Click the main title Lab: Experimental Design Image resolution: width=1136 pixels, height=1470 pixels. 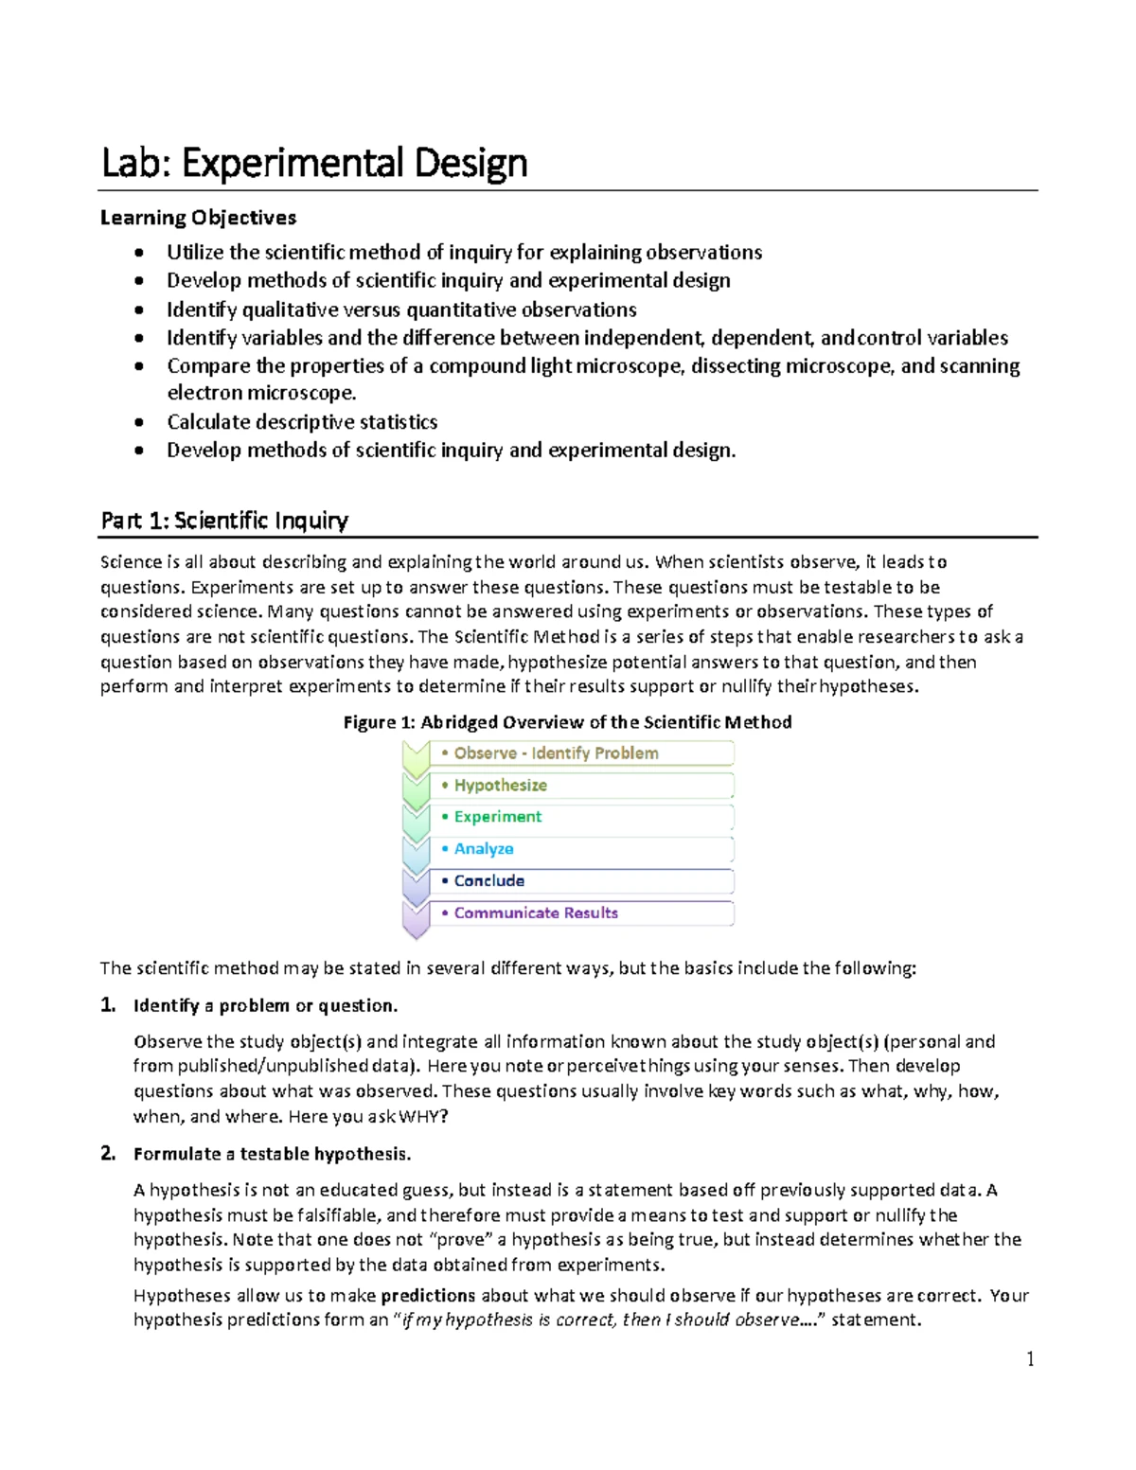tap(314, 163)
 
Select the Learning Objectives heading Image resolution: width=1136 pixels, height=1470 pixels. tap(199, 218)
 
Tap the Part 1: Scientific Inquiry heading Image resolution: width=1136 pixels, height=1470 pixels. tap(224, 520)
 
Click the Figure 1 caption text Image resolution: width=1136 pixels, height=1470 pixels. tap(567, 722)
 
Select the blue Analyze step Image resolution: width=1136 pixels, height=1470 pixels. tap(483, 849)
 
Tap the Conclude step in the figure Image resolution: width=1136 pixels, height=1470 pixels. tap(488, 880)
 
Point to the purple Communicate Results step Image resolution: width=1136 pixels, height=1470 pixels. tap(535, 912)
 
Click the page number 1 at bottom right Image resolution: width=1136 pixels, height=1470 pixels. tap(1030, 1359)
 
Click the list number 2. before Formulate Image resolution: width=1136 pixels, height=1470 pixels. tap(108, 1153)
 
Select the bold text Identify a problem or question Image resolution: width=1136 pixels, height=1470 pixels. tap(265, 1005)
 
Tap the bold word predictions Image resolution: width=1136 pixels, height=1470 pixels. tap(428, 1295)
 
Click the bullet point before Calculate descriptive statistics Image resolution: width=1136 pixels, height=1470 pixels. tap(140, 423)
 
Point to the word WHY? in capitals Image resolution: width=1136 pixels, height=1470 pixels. tap(423, 1116)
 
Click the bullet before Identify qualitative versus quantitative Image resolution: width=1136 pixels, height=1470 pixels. tap(140, 310)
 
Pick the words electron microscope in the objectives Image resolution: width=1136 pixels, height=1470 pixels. tap(261, 393)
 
